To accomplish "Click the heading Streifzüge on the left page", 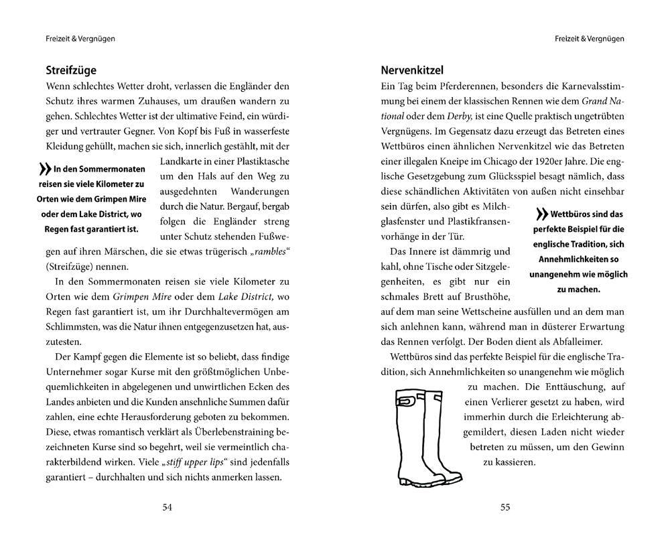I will [x=71, y=70].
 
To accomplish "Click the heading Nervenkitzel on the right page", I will [x=412, y=70].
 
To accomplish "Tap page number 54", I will [x=167, y=507].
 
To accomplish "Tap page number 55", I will [x=505, y=507].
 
